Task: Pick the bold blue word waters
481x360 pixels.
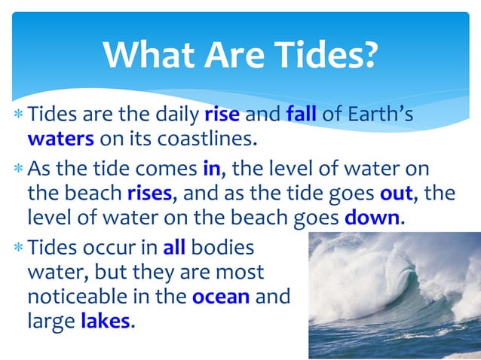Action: [x=60, y=139]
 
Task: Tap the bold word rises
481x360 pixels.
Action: [x=150, y=193]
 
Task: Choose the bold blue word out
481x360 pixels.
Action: [x=395, y=193]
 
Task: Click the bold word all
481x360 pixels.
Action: [x=173, y=246]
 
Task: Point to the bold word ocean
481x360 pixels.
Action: [x=220, y=297]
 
